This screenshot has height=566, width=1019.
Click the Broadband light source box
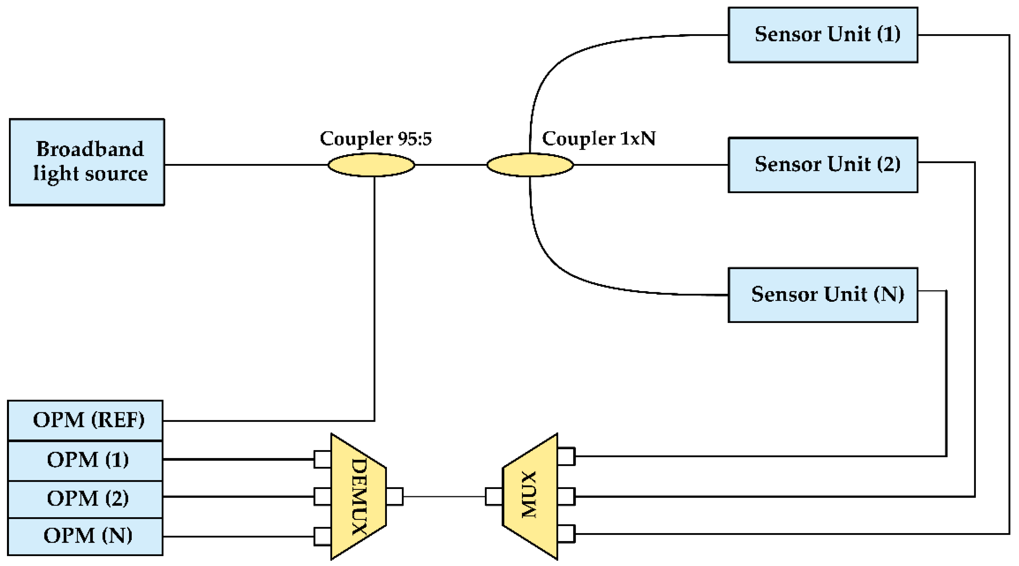pos(87,162)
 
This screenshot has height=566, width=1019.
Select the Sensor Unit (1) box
pos(823,35)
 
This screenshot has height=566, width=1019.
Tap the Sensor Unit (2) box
pos(823,165)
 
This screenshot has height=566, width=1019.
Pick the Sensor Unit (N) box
pos(823,295)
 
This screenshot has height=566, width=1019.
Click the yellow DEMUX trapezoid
pos(358,496)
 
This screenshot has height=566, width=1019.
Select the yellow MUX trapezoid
pos(530,496)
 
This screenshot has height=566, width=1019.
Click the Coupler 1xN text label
pos(599,138)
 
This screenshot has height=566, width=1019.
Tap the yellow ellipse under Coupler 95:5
pos(371,165)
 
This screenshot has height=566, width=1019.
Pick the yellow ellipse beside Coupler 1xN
pos(530,165)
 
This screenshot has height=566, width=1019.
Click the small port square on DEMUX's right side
pos(395,496)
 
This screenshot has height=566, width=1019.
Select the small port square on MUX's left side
pos(494,496)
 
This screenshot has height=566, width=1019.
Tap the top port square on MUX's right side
pos(566,456)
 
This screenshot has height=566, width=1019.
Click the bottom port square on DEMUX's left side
pos(323,537)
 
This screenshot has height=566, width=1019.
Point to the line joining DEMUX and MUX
pos(444,496)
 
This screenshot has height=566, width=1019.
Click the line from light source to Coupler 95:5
pos(245,165)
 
